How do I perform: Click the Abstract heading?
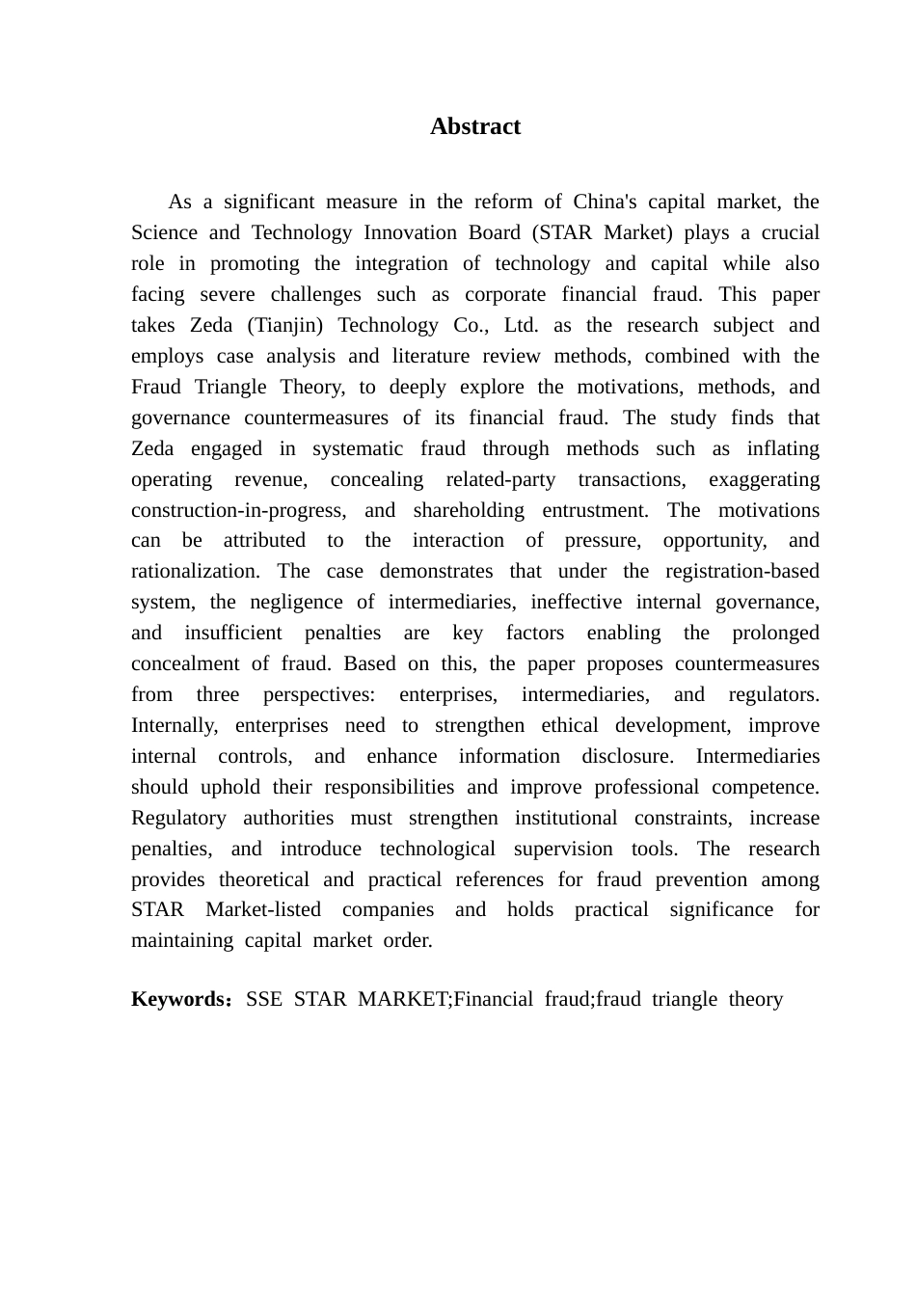[475, 126]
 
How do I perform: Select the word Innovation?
[402, 232]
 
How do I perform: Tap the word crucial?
[790, 232]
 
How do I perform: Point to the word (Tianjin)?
[286, 325]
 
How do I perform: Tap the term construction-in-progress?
[237, 510]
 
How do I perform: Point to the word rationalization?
[193, 571]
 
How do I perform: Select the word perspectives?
[319, 694]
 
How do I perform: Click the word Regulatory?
[178, 818]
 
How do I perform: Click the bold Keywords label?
[178, 999]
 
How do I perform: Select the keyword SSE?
[263, 999]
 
